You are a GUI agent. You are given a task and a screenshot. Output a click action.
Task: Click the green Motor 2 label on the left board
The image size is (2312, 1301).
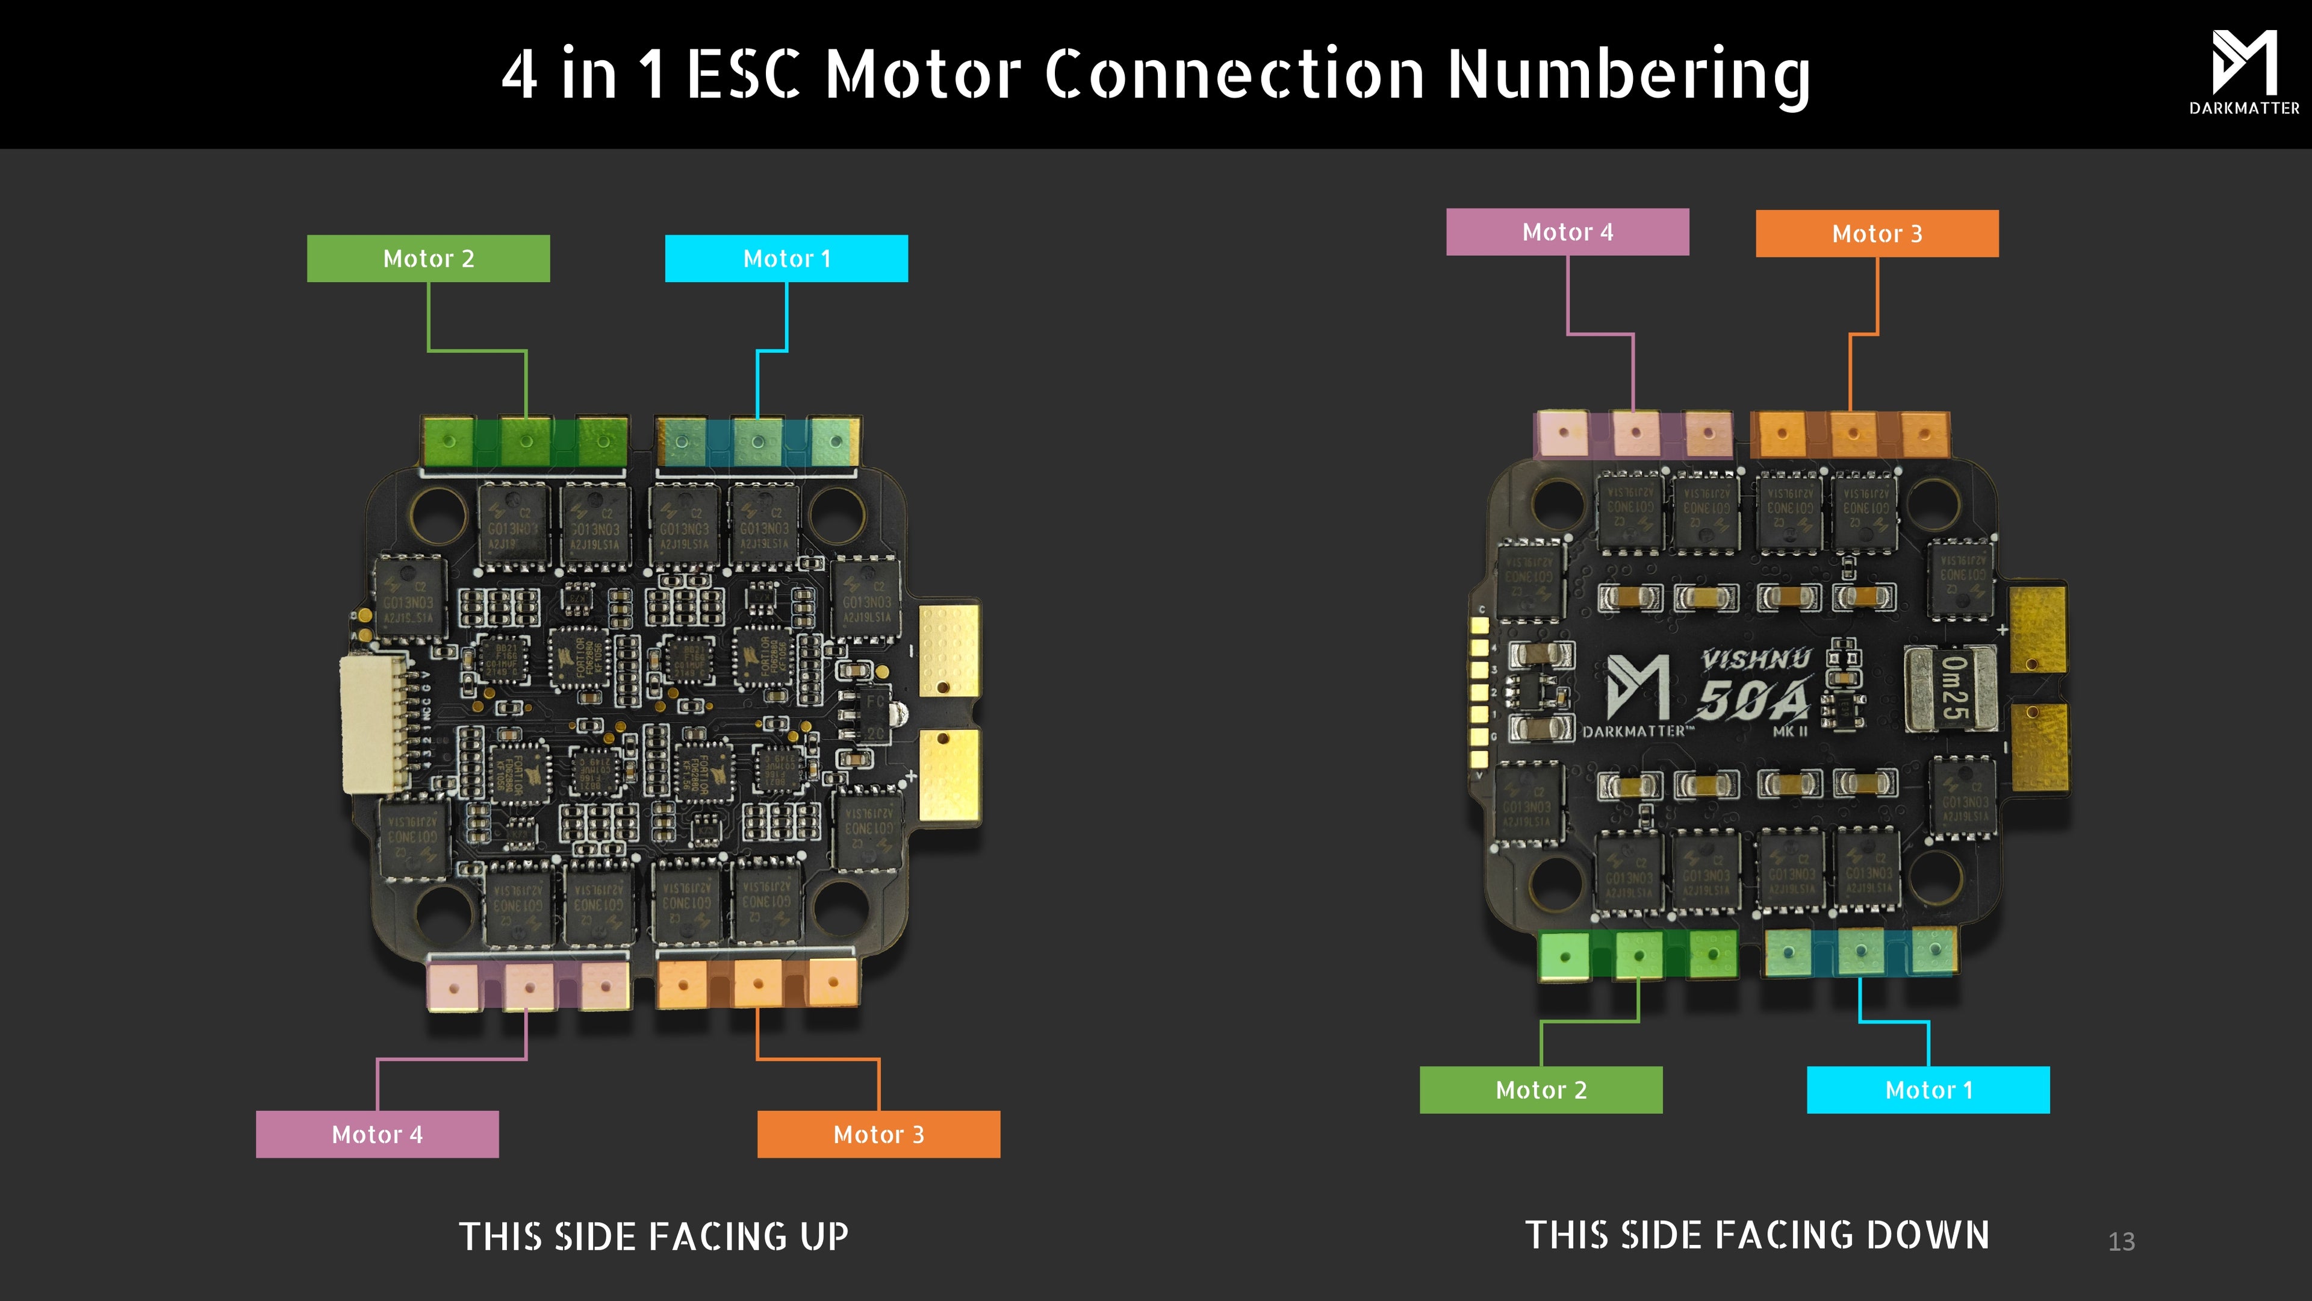click(428, 258)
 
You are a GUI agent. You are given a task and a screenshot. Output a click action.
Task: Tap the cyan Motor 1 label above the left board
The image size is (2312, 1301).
click(786, 258)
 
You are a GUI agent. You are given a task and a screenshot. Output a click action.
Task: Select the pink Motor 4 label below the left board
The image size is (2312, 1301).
click(377, 1134)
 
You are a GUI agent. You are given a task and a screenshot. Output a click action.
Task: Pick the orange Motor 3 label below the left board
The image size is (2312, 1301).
click(878, 1134)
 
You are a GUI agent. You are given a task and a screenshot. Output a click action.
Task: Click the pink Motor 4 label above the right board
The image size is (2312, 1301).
click(1567, 232)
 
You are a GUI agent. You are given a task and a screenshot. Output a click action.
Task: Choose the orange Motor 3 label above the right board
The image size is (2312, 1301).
click(1877, 234)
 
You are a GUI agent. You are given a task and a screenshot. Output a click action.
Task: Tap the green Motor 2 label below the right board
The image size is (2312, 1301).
click(1541, 1090)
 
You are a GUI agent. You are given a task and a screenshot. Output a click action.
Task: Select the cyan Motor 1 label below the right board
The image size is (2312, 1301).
click(1928, 1090)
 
